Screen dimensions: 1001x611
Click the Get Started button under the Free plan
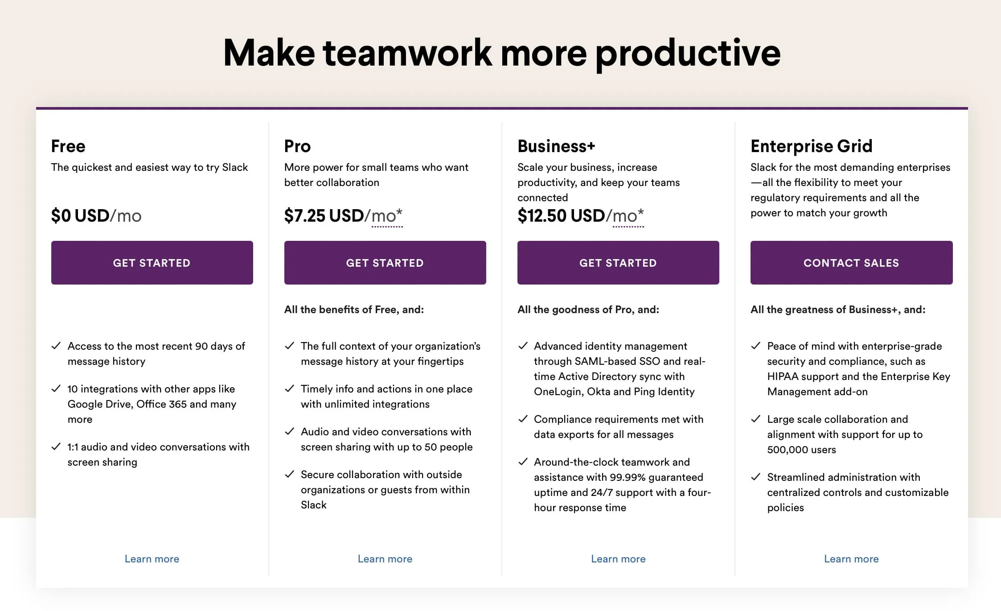[152, 263]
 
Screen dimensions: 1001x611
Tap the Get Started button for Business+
[618, 263]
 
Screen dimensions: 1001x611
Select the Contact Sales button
[851, 263]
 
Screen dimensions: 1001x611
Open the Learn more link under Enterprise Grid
[851, 559]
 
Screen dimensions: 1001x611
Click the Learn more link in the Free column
[152, 559]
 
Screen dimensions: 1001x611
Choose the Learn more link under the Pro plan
[385, 559]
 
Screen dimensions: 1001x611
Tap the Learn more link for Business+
[618, 559]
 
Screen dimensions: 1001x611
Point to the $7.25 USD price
[324, 216]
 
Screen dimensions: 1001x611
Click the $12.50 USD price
[561, 216]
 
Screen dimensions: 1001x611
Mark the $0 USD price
[80, 216]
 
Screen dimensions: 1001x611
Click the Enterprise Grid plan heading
[811, 146]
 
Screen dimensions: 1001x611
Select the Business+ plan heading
[556, 146]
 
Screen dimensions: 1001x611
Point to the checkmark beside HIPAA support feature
[756, 346]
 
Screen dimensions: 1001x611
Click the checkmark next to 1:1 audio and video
[56, 446]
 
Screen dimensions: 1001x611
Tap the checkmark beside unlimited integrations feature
[289, 388]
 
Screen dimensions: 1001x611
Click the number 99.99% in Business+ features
[628, 477]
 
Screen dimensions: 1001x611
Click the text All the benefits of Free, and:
[354, 310]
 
